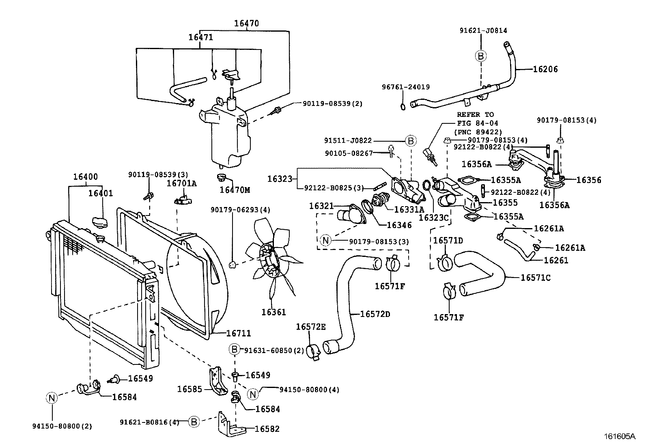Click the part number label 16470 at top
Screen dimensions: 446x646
[246, 24]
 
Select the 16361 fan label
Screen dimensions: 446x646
[273, 312]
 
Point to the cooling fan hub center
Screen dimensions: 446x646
[269, 259]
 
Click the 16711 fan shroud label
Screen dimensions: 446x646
[238, 333]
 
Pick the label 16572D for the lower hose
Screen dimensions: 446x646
[375, 314]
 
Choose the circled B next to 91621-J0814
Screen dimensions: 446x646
[481, 56]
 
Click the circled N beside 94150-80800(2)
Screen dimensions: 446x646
[52, 398]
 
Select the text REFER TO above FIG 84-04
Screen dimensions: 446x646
[475, 115]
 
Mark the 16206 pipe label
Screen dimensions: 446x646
[545, 69]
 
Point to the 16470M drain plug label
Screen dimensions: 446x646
[235, 190]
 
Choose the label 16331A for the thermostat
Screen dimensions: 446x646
[409, 209]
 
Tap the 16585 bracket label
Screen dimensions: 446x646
[189, 389]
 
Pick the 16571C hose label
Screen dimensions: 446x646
[536, 278]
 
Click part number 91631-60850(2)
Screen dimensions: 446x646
[274, 350]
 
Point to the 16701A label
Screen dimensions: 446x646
[182, 183]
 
